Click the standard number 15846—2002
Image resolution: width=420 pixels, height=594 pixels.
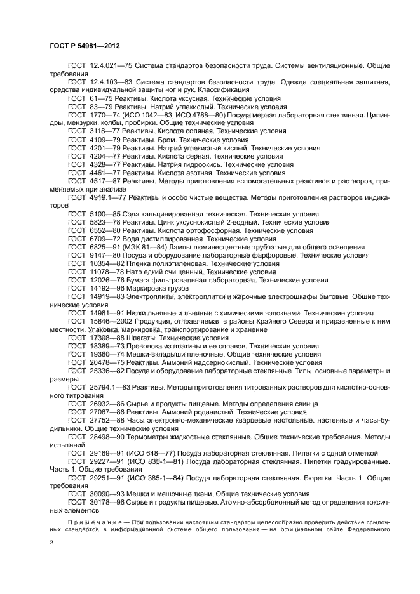[x=110, y=321]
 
